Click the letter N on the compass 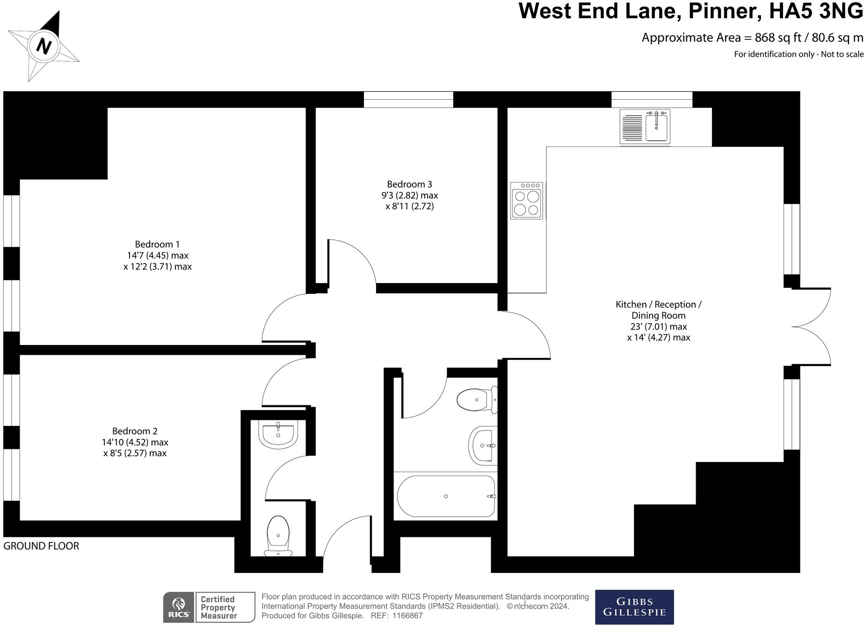(44, 46)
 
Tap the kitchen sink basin (657, 127)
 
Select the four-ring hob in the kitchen (527, 201)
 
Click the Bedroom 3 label (409, 184)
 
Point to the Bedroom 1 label (157, 244)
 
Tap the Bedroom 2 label (135, 431)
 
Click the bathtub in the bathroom (446, 497)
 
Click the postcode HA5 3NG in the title (816, 11)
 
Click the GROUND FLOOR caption (41, 546)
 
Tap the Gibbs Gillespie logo (634, 607)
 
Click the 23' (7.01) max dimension (658, 327)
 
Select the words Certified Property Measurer (218, 607)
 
